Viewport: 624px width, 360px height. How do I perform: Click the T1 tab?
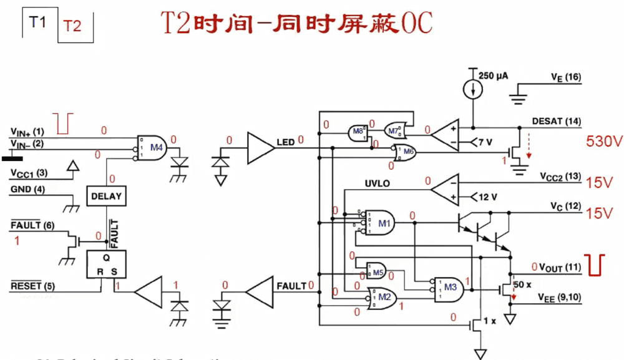click(39, 23)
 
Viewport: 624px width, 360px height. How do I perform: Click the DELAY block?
click(107, 196)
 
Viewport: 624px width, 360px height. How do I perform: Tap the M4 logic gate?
click(152, 148)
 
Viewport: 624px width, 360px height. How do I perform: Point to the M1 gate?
click(381, 222)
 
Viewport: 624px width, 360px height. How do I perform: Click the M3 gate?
click(450, 286)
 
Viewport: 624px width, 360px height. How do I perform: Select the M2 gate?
click(382, 297)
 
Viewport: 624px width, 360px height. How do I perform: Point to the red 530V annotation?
click(604, 142)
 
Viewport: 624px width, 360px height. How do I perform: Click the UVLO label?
click(377, 185)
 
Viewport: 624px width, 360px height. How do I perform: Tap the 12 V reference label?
click(487, 197)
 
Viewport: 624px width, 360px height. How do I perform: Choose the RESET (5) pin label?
click(32, 286)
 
